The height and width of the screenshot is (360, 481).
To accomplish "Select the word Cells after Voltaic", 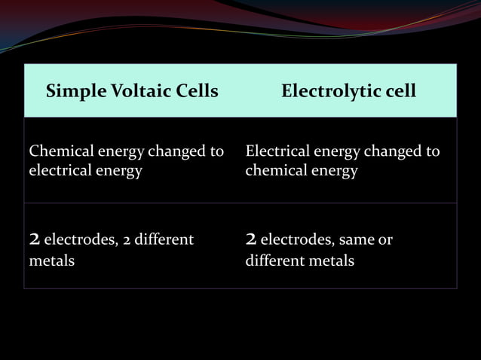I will [195, 92].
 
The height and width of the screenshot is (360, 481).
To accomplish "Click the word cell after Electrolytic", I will [398, 92].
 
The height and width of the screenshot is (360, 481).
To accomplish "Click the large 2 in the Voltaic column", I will [34, 240].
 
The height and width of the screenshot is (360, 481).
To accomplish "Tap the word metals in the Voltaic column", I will [51, 262].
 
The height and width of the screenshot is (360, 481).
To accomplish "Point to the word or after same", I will [385, 240].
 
